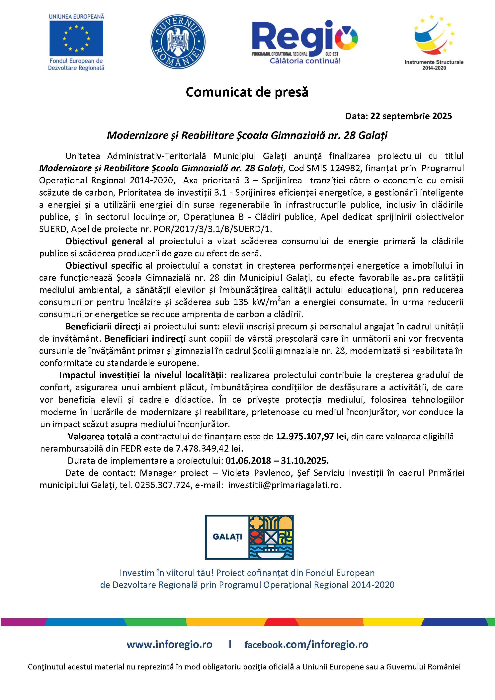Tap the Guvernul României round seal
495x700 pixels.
(178, 42)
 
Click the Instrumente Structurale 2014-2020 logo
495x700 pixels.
(434, 43)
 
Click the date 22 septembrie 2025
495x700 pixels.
(411, 116)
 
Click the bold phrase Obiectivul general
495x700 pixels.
(104, 241)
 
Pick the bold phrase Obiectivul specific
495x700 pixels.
(103, 266)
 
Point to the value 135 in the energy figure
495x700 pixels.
(241, 302)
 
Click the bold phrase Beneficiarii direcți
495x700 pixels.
(103, 326)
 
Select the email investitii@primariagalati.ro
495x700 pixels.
(284, 485)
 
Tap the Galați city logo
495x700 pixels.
(249, 537)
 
